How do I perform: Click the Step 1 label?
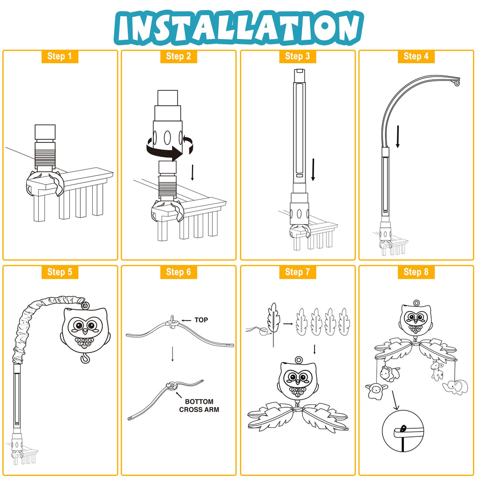60,56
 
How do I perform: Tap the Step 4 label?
416,56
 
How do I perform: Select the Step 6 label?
178,272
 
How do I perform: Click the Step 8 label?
416,272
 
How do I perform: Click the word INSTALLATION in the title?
239,27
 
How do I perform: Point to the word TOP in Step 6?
201,320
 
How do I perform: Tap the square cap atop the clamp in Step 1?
45,131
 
